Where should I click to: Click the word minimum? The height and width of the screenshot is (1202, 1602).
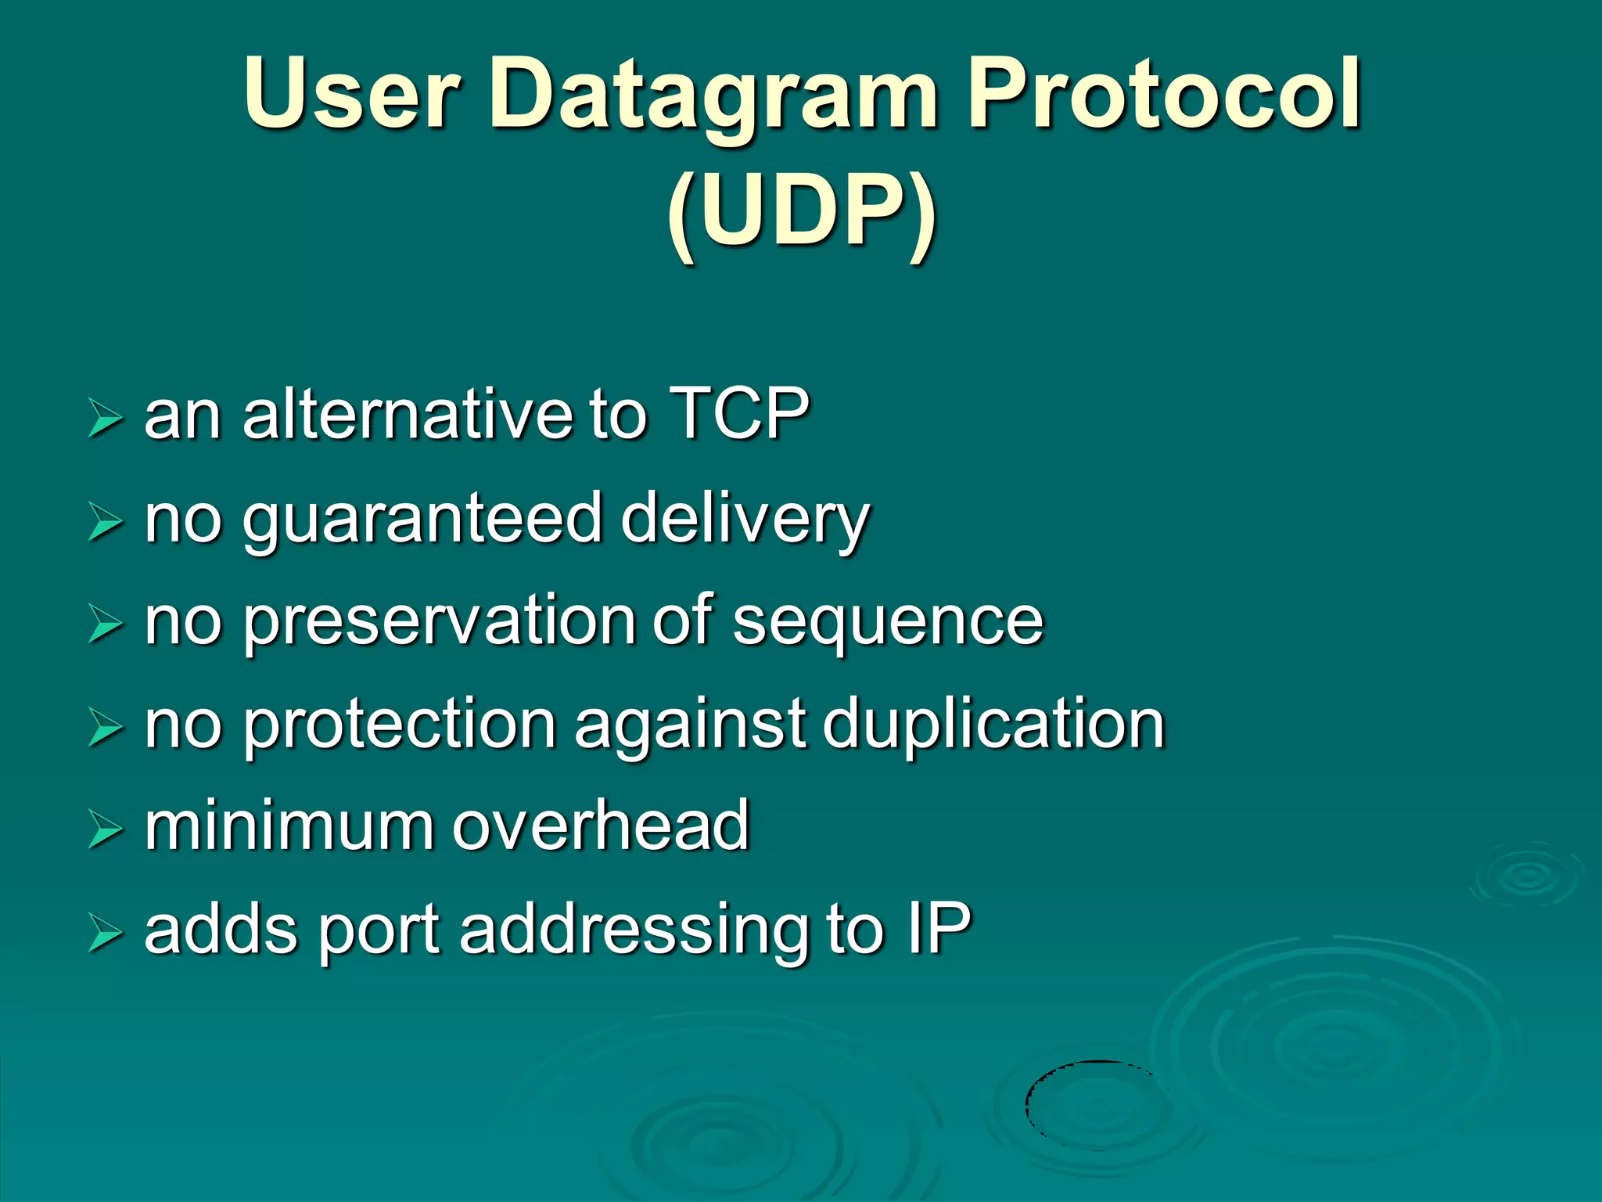coord(288,826)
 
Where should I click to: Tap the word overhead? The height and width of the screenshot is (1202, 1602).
coord(601,826)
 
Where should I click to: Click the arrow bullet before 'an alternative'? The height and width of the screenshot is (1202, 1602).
coord(105,417)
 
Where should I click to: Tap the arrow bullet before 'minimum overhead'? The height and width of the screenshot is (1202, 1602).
coord(105,830)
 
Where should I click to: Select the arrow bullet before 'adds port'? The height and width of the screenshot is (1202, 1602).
coord(105,933)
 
